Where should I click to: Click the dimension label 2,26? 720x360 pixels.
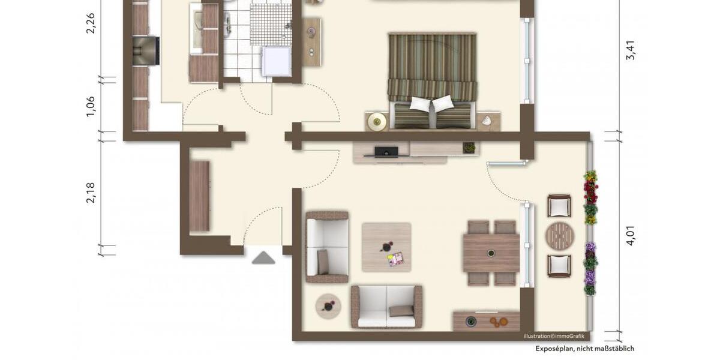[91, 23]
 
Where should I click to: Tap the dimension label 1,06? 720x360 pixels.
[91, 106]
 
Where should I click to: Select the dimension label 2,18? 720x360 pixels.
[91, 193]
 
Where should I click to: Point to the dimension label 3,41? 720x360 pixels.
[630, 50]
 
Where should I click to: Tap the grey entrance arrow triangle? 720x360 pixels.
[263, 258]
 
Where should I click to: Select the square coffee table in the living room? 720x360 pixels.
[386, 247]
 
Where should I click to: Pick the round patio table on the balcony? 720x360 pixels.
[560, 236]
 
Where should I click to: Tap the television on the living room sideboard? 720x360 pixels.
[386, 151]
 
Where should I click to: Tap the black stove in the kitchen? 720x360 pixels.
[145, 50]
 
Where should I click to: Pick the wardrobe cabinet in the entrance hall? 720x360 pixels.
[200, 196]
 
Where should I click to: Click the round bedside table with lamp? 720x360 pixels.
[377, 122]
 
